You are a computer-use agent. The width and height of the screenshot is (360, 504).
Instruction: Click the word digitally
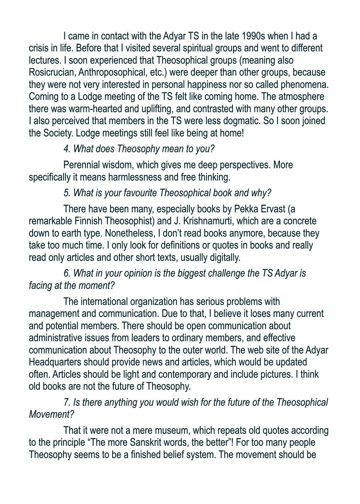point(225,258)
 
